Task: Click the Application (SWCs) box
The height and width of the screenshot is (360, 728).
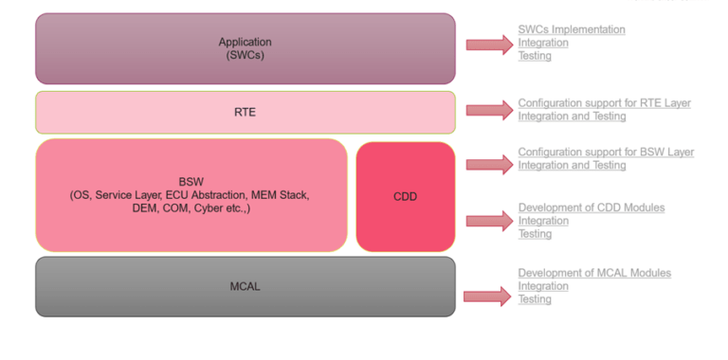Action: tap(245, 48)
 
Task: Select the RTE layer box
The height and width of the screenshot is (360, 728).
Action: tap(245, 112)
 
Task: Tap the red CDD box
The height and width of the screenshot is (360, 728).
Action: tap(405, 196)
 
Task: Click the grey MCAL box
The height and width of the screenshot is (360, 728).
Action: tap(245, 286)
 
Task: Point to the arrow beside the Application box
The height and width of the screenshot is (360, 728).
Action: tap(489, 44)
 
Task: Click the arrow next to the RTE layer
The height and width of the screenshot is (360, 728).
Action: tap(489, 111)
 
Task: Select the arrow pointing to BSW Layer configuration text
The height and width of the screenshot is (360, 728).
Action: tap(489, 164)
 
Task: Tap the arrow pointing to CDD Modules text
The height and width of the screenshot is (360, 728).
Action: tap(489, 221)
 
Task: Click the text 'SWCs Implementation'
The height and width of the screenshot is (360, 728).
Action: tap(571, 29)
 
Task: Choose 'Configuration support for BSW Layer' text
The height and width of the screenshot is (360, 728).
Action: tap(605, 152)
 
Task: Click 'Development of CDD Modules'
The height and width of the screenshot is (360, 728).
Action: tap(591, 207)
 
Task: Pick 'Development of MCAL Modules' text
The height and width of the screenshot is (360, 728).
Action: tap(593, 273)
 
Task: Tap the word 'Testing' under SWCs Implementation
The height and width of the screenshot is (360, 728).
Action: tap(535, 56)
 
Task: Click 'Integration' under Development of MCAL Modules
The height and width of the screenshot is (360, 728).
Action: tap(542, 286)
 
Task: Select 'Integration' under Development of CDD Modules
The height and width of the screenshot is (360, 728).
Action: tap(542, 221)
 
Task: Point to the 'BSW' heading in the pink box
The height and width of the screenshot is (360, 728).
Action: tap(191, 181)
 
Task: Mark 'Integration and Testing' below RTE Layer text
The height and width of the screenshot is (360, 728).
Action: tap(572, 116)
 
